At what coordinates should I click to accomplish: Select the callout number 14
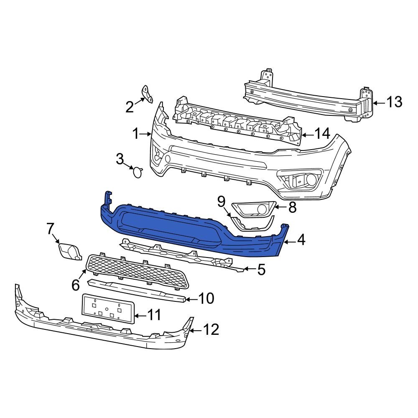pyautogui.click(x=321, y=134)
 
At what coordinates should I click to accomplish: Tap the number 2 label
pyautogui.click(x=130, y=107)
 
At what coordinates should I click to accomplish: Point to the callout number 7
pyautogui.click(x=50, y=229)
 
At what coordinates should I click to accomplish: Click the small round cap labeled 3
pyautogui.click(x=137, y=171)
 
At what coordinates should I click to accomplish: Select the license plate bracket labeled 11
pyautogui.click(x=107, y=308)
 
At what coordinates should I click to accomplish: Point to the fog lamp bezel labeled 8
pyautogui.click(x=253, y=209)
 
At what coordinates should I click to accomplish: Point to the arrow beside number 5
pyautogui.click(x=249, y=270)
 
